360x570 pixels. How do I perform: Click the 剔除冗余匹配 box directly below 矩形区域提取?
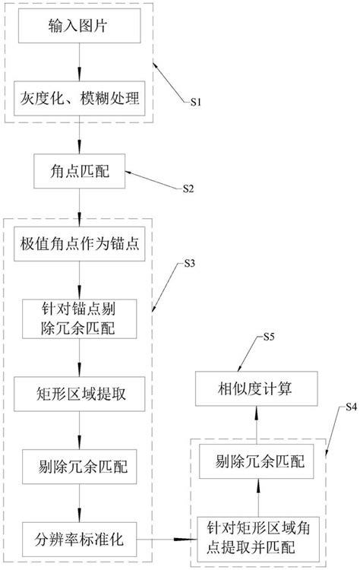click(x=80, y=462)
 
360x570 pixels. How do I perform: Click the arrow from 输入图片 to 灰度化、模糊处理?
click(x=80, y=68)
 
